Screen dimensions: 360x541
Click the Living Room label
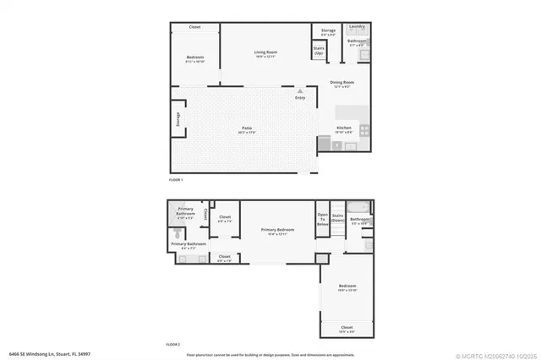[266, 52]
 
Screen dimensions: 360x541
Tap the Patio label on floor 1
[245, 128]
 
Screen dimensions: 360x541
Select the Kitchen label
[344, 128]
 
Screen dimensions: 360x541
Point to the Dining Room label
[342, 82]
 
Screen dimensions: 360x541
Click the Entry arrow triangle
[299, 90]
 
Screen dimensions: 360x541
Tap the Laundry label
[358, 28]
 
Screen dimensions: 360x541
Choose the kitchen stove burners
[365, 130]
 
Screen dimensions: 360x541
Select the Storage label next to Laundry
[328, 30]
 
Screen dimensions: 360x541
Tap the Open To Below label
[322, 219]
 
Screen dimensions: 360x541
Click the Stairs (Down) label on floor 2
[336, 217]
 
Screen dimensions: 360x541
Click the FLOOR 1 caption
[176, 180]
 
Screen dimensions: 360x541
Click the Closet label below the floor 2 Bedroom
[347, 326]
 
